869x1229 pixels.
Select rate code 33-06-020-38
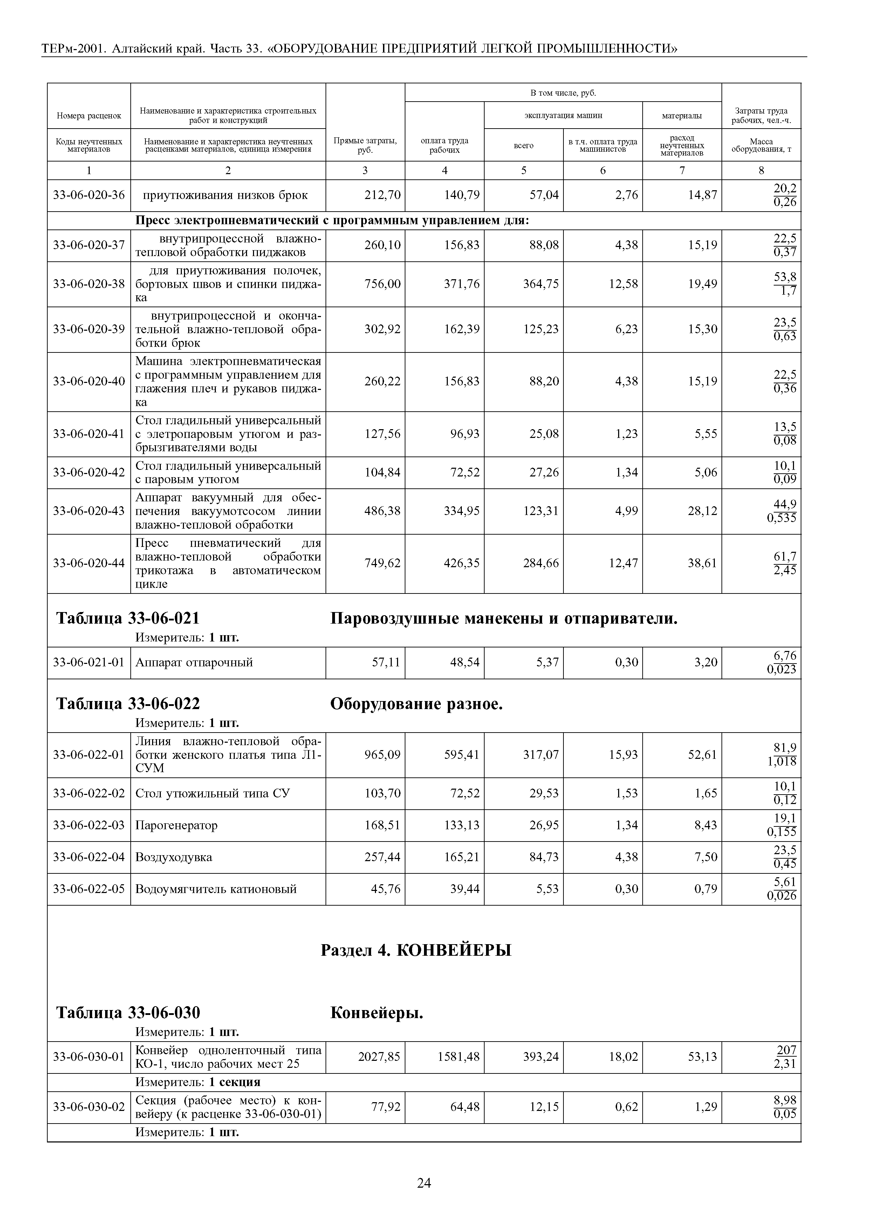[89, 284]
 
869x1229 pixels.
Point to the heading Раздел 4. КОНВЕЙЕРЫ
[416, 950]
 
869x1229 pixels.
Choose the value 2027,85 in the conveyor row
[379, 1057]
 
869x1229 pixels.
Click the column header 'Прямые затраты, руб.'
[365, 145]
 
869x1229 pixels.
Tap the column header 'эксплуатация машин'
[563, 115]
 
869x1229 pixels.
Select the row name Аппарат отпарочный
[194, 663]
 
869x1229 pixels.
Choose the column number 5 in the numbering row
[524, 170]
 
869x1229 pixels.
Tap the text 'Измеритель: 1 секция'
[198, 1082]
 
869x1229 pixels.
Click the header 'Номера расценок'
[89, 116]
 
